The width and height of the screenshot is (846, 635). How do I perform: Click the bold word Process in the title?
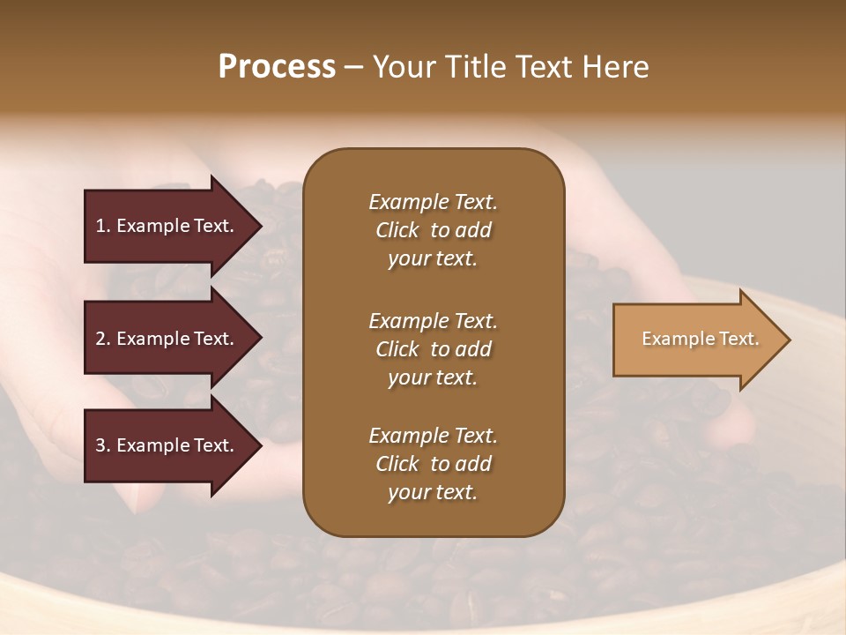pos(277,67)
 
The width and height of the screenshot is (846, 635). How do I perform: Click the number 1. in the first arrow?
pos(103,226)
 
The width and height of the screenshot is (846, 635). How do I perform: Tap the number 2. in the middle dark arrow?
pos(103,339)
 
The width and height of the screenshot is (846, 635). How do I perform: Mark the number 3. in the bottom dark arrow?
pos(103,445)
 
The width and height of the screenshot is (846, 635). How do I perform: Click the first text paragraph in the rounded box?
pos(433,230)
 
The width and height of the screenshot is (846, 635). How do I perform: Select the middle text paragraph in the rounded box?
pos(433,349)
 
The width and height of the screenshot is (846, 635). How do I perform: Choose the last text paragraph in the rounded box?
pos(433,464)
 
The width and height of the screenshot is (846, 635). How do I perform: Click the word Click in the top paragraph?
pos(397,230)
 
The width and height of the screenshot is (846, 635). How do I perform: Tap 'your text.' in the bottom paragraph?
pos(433,493)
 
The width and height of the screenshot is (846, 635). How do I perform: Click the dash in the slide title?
pos(354,68)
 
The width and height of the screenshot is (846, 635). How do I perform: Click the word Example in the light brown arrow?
pos(670,339)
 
